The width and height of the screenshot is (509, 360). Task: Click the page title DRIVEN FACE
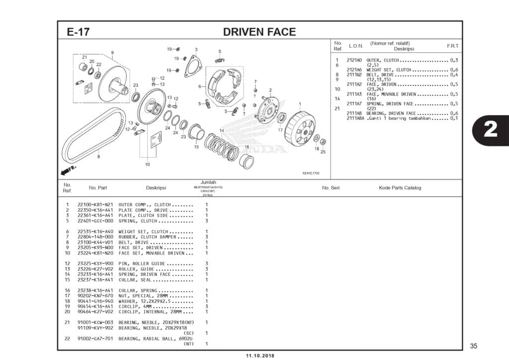point(259,32)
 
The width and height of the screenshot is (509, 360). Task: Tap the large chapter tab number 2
point(490,129)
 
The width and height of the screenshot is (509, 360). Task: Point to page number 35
point(473,346)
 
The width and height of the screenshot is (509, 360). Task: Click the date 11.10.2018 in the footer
point(259,356)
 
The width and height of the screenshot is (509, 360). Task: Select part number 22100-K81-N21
point(95,205)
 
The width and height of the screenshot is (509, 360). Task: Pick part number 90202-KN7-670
point(95,296)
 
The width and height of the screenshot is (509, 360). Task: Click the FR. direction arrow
point(68,170)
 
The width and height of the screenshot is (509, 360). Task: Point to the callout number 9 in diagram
point(112,53)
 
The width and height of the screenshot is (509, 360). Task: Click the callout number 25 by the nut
point(323,152)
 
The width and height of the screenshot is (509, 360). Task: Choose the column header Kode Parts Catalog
point(400,188)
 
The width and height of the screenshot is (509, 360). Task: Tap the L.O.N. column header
point(356,46)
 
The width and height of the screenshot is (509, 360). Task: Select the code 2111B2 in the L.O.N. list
point(354,75)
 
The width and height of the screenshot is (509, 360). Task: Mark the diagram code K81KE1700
point(311,173)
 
